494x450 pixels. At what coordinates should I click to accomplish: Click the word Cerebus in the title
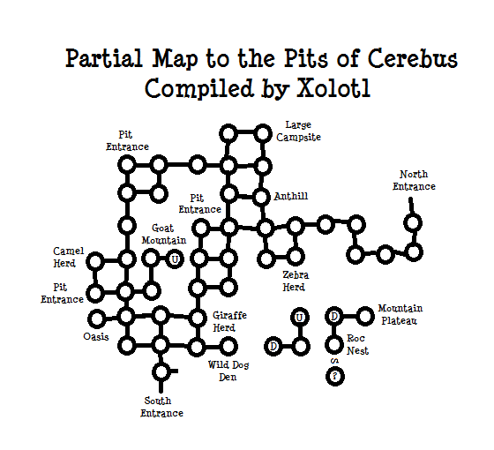point(413,58)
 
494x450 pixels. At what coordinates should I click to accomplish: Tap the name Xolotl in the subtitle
point(333,88)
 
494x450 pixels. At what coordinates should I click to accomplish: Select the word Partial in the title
point(104,58)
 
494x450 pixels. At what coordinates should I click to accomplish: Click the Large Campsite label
point(298,131)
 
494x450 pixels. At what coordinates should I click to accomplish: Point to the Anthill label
point(291,196)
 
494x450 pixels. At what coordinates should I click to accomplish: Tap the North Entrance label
point(414,181)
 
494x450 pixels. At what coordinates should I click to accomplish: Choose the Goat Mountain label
point(164,235)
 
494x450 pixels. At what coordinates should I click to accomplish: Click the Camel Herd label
point(69,258)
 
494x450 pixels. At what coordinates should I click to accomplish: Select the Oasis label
point(96,337)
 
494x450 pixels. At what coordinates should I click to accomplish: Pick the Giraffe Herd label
point(229,322)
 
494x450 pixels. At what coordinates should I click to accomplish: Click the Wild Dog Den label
point(228,371)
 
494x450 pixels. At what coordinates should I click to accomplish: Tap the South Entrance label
point(161,407)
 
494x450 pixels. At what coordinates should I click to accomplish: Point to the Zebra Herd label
point(296,281)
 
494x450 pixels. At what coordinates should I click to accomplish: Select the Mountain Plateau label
point(400,314)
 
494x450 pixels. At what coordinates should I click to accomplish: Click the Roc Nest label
point(357,345)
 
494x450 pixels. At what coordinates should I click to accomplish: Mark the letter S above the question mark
point(334,361)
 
